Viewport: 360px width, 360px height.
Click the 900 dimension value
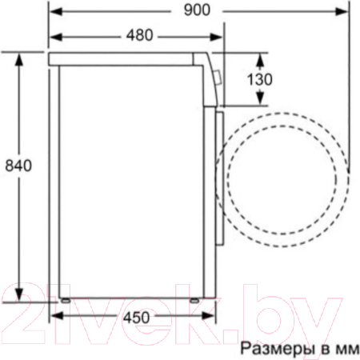(197, 10)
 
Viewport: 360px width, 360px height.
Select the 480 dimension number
(140, 35)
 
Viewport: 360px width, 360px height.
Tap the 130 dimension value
(260, 79)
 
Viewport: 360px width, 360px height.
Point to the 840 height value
(18, 166)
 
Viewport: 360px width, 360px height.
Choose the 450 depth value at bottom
(136, 318)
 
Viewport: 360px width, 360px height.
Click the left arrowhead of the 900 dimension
(56, 11)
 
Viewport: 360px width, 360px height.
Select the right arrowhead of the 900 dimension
(342, 11)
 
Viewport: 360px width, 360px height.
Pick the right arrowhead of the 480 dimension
(215, 37)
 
